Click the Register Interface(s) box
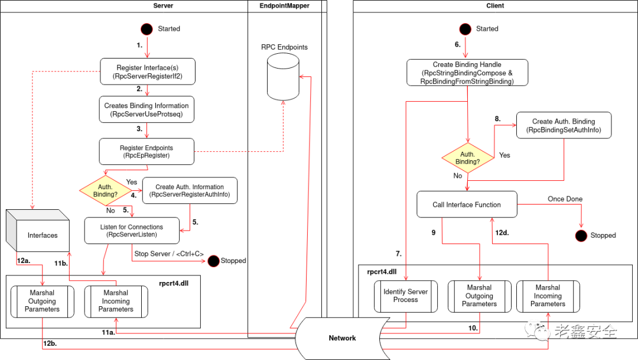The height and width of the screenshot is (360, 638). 148,72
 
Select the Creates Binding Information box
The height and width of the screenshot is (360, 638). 147,109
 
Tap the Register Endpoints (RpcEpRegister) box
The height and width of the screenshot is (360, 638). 147,151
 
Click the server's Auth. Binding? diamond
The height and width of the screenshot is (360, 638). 105,190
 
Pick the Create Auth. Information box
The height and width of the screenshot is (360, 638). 190,190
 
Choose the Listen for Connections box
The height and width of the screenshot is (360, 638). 132,231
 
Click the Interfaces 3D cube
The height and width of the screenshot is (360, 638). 38,231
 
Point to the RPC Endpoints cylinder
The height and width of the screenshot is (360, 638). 283,77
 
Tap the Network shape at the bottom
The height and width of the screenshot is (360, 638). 342,338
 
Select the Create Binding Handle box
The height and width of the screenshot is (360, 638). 467,73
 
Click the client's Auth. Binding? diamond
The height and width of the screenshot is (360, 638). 468,158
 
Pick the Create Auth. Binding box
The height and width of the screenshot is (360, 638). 564,125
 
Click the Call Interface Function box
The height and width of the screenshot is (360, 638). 467,205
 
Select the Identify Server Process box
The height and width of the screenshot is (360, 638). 406,296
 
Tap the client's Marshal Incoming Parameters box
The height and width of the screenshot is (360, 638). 548,296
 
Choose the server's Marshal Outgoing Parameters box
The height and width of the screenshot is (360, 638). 43,301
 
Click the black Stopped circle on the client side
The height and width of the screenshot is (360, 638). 581,235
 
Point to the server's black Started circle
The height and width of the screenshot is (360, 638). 147,29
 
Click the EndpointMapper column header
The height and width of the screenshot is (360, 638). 284,6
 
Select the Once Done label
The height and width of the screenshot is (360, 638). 565,199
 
